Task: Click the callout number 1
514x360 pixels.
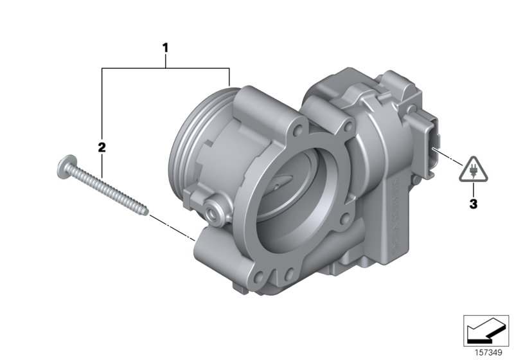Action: [165, 48]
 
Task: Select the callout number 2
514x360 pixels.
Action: [101, 147]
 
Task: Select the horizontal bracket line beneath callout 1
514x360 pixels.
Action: [165, 66]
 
